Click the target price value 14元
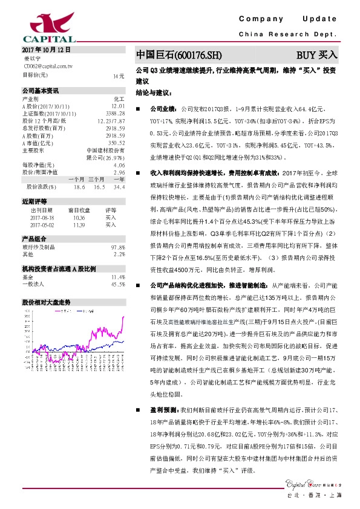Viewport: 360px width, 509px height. pyautogui.click(x=119, y=76)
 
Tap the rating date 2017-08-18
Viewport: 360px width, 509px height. pyautogui.click(x=42, y=217)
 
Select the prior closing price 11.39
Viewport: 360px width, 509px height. pyautogui.click(x=79, y=224)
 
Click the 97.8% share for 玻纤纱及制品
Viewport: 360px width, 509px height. pyautogui.click(x=118, y=247)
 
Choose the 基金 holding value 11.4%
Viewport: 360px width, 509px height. pyautogui.click(x=118, y=276)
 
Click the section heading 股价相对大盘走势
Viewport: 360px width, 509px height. pyautogui.click(x=47, y=301)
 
